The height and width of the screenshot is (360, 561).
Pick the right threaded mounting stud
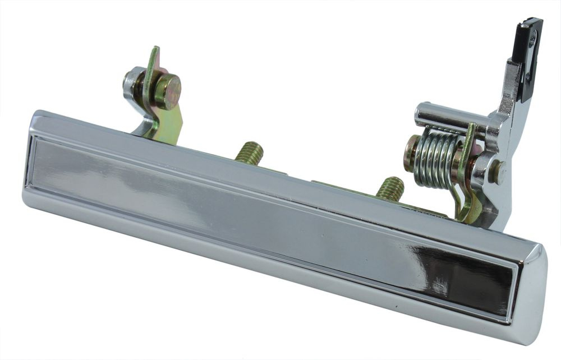(x=390, y=188)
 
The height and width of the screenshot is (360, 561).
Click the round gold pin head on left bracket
(x=167, y=91)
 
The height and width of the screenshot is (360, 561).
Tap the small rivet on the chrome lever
(x=498, y=172)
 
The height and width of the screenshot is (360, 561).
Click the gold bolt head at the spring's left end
(x=411, y=153)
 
